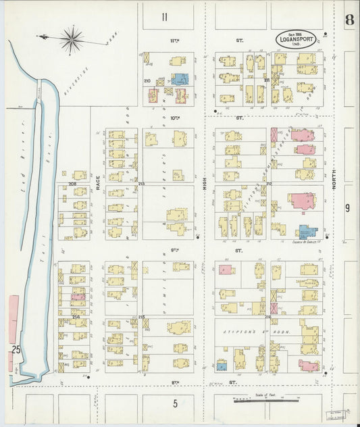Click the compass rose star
pyautogui.click(x=71, y=39)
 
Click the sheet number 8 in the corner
pyautogui.click(x=348, y=20)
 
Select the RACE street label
pyautogui.click(x=97, y=182)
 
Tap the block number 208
pyautogui.click(x=72, y=183)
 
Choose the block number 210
pyautogui.click(x=147, y=80)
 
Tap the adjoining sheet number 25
pyautogui.click(x=14, y=349)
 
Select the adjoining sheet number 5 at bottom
pyautogui.click(x=174, y=404)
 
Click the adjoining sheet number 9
pyautogui.click(x=348, y=208)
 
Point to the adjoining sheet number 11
pyautogui.click(x=165, y=17)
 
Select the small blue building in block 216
pyautogui.click(x=222, y=366)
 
